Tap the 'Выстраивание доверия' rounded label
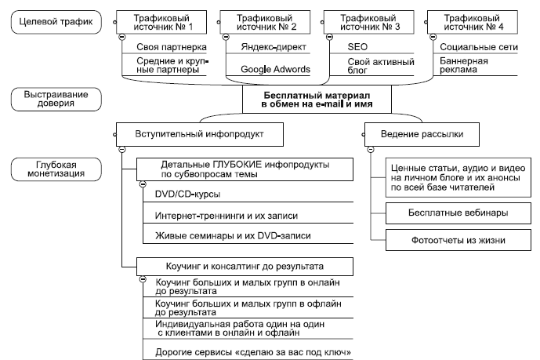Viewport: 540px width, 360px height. (x=52, y=99)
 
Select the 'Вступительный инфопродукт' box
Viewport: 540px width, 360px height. (x=201, y=134)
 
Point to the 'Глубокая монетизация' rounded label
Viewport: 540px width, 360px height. (x=53, y=168)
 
